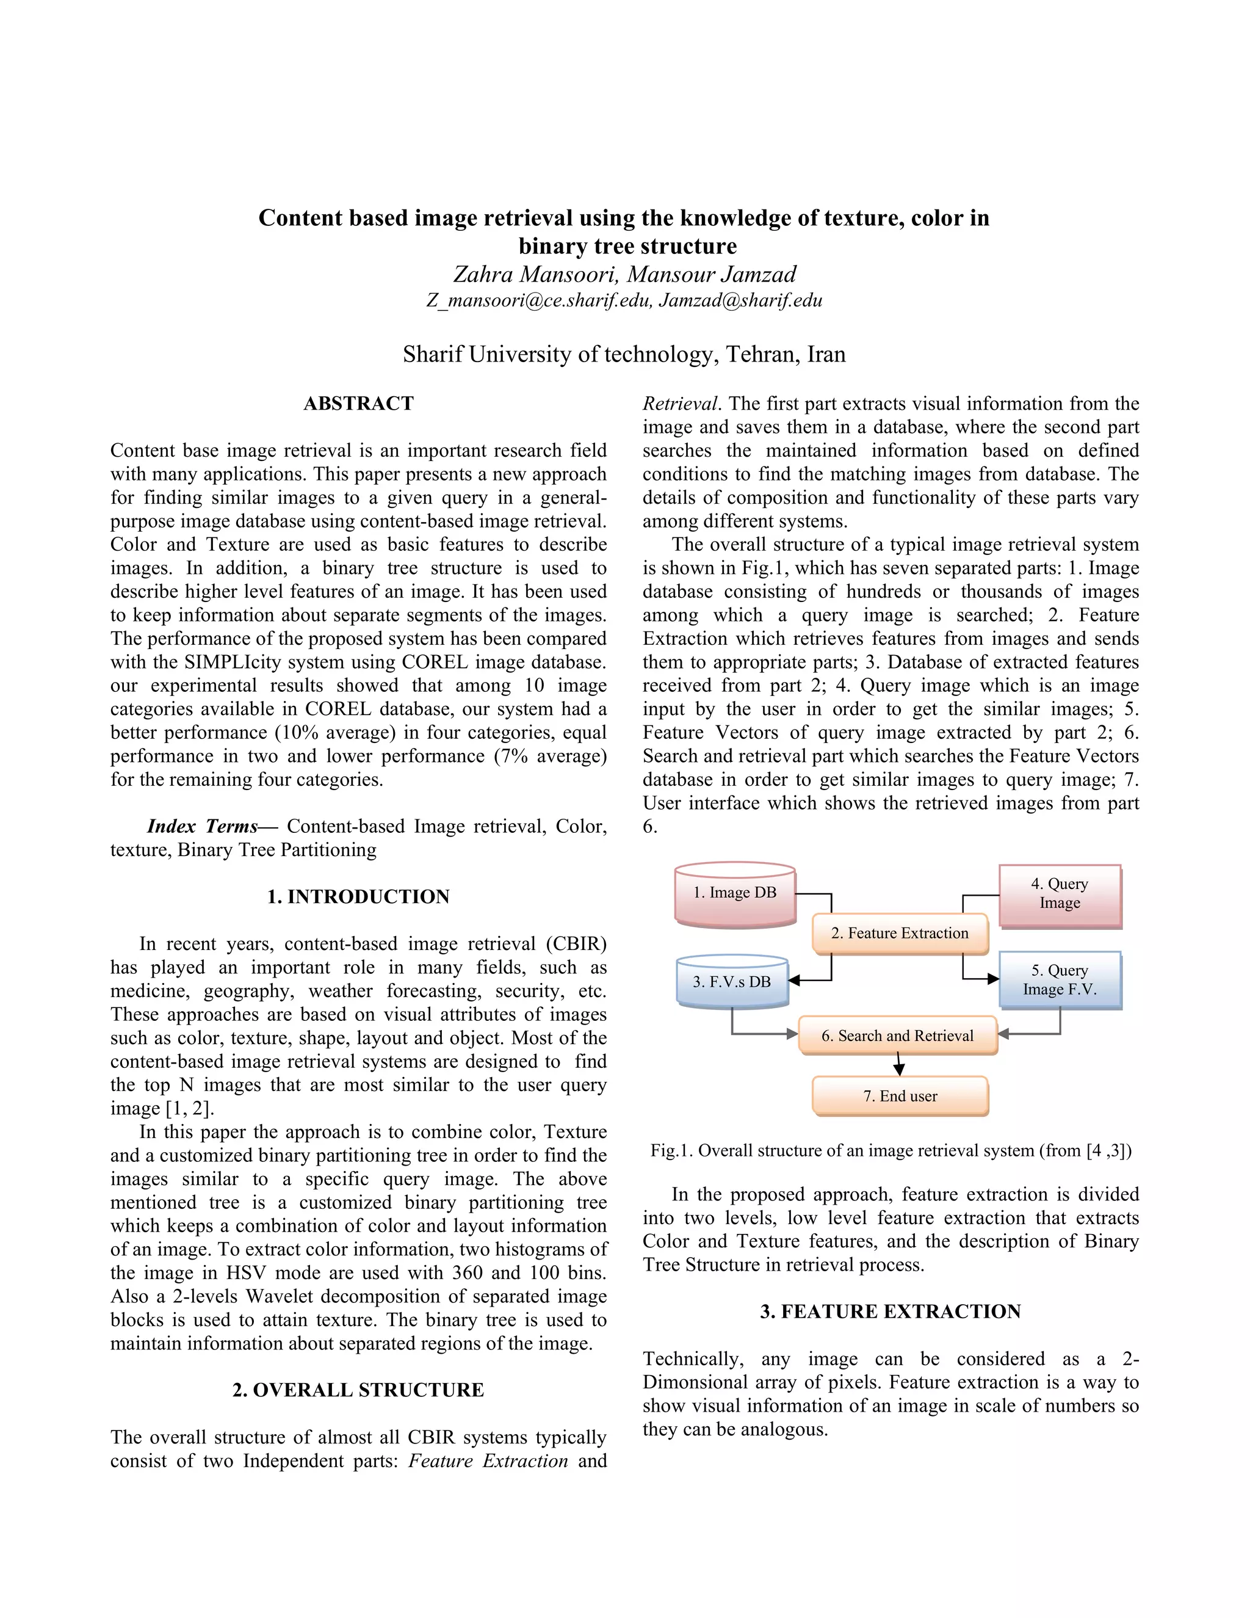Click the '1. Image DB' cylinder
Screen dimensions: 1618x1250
pos(735,893)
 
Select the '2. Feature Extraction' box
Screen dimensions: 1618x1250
pos(900,934)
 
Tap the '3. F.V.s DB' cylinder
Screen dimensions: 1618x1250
pos(732,982)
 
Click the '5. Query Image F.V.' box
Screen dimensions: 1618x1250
pos(1060,979)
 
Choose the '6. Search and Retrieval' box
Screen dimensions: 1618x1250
pos(897,1036)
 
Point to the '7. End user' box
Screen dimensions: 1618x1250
pos(900,1096)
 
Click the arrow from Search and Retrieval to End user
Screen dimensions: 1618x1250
pos(899,1065)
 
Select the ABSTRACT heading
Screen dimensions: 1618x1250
pos(358,404)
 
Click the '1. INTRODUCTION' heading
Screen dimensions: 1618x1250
pos(358,896)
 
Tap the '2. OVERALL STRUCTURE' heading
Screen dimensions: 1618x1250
pos(358,1390)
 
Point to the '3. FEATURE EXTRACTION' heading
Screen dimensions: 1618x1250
pos(890,1311)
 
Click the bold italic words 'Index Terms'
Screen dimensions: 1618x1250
pos(202,826)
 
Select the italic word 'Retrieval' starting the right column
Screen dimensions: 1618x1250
pos(680,404)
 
